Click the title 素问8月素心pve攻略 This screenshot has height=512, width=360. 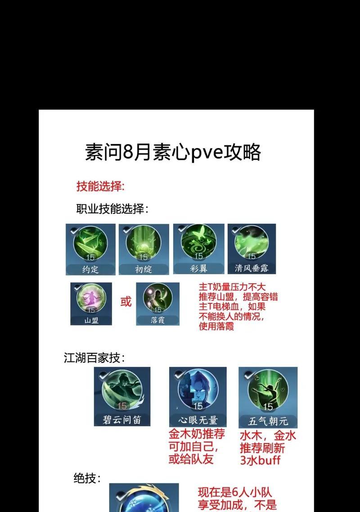point(173,152)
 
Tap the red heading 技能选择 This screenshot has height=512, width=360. point(100,186)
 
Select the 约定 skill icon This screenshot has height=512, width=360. point(90,249)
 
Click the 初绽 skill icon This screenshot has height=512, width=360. point(144,249)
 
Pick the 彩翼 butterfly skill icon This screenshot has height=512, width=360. point(198,249)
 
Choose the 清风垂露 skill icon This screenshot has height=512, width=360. point(252,249)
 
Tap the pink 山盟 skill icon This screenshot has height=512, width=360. point(91,304)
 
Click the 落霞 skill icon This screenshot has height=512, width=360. point(157,304)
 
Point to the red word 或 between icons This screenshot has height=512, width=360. point(126,301)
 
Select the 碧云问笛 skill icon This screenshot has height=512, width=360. point(122,396)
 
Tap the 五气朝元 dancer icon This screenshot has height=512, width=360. point(268,397)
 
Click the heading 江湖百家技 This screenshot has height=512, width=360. point(94,358)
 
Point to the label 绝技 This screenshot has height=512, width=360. point(87,478)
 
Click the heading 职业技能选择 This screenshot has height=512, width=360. point(112,209)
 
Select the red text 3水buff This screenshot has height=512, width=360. point(260,460)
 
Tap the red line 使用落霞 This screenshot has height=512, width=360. point(216,326)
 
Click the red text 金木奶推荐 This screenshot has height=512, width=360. point(197,434)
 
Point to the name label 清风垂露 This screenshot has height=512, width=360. point(252,268)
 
